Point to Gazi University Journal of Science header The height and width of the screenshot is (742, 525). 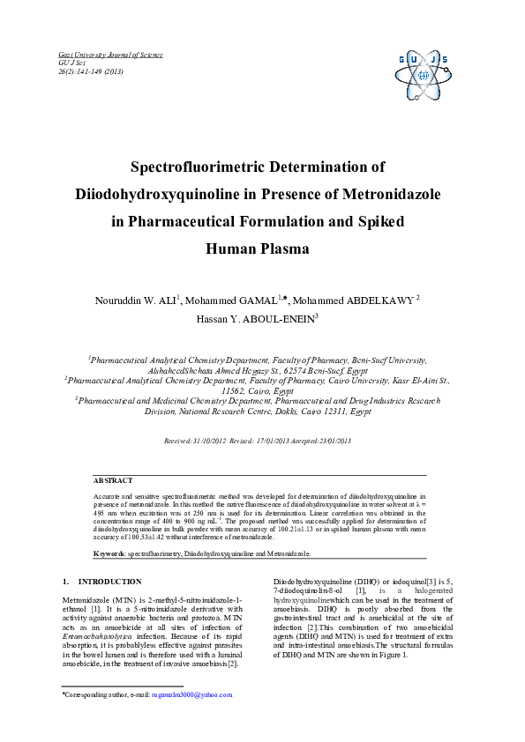pos(110,55)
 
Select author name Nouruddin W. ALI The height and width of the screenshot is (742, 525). pos(136,301)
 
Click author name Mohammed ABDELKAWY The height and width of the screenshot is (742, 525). pos(364,301)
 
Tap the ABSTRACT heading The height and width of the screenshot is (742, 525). pos(113,480)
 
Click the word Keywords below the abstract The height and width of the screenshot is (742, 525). pos(109,553)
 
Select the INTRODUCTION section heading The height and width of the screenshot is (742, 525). pos(109,582)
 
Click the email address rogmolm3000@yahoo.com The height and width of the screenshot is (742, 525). pos(191,694)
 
